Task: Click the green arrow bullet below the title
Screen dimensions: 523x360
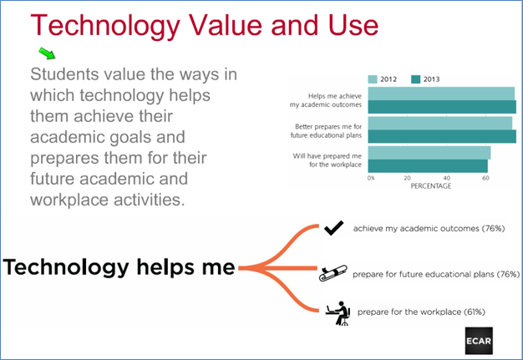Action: (47, 53)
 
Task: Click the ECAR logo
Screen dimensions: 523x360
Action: (479, 341)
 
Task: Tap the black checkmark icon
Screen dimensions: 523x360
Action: (333, 228)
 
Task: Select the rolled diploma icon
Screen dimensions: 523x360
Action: (333, 273)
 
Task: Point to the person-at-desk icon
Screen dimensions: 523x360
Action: (338, 313)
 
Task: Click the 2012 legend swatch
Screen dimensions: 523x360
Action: (373, 79)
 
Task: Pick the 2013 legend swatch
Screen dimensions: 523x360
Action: (415, 79)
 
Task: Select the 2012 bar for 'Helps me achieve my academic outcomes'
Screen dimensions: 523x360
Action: (441, 94)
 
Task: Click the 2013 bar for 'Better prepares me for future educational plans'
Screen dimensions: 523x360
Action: (442, 136)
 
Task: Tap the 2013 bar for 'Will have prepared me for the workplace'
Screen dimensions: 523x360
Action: (428, 166)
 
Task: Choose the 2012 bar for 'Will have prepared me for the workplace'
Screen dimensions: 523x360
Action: (429, 153)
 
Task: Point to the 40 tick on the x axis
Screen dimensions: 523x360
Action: (447, 178)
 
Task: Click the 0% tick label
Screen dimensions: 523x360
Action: (371, 178)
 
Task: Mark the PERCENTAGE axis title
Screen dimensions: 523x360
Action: (430, 186)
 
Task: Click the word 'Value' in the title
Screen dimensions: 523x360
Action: (226, 25)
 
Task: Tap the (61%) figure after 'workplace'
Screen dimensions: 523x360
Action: (475, 312)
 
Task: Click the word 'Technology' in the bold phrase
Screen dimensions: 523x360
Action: (66, 268)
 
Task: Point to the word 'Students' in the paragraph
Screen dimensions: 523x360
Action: (64, 74)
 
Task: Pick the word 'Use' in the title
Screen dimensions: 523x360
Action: (353, 25)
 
